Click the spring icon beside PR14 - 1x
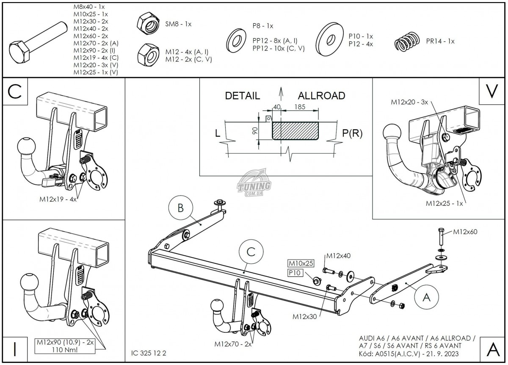coord(406,42)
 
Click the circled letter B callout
coord(180,208)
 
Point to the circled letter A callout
coord(427,298)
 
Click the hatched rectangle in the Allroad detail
coord(295,130)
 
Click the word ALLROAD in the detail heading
coord(321,95)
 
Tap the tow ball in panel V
coord(392,133)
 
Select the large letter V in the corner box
coord(491,91)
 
